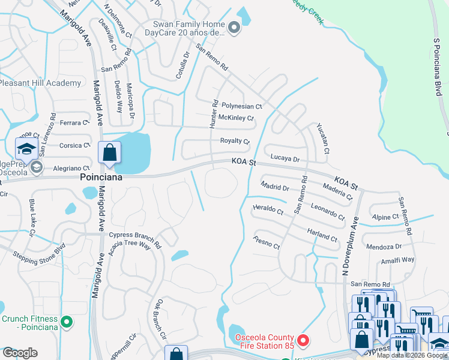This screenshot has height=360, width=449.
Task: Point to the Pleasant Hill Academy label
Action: click(41, 83)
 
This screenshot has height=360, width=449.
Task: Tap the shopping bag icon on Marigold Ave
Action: click(109, 153)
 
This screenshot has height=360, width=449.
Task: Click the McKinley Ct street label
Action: click(236, 118)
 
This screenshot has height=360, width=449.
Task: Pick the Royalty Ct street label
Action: click(235, 141)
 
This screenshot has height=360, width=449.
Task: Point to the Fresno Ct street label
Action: click(267, 245)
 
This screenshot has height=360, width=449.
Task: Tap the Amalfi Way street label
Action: click(397, 260)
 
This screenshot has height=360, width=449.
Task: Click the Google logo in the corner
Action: click(20, 353)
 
